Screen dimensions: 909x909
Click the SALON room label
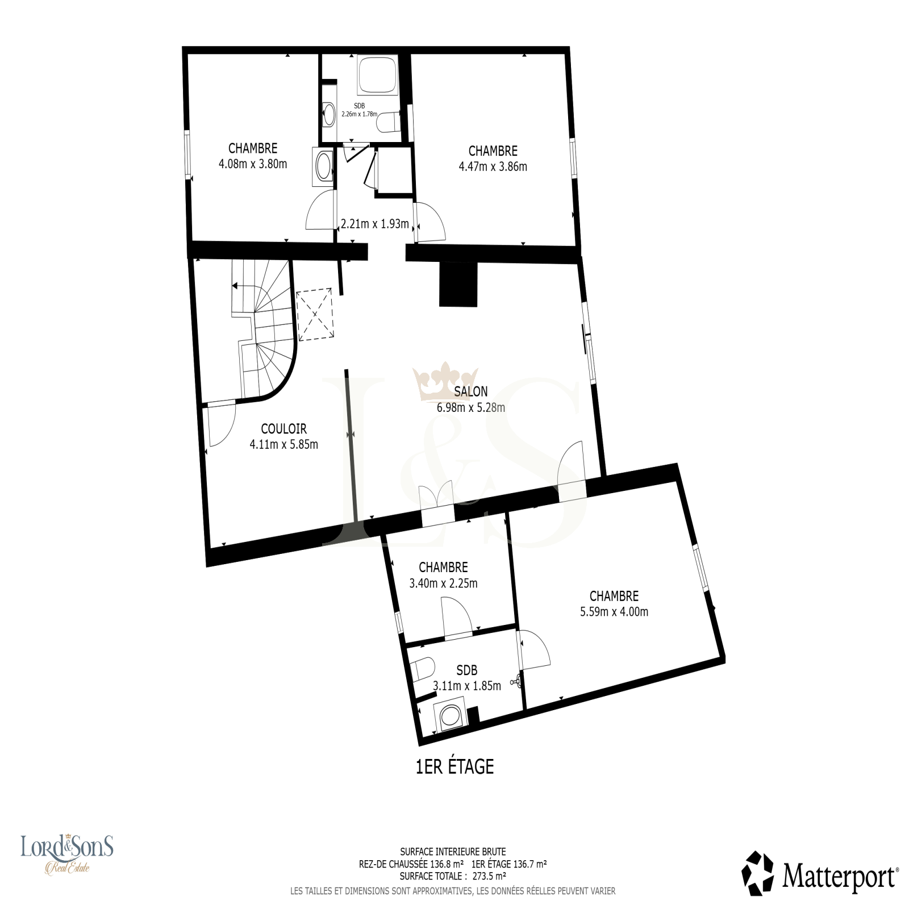click(470, 391)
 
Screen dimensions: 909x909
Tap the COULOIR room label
click(283, 429)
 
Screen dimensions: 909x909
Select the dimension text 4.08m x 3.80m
click(253, 164)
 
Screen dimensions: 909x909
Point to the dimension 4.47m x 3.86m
click(493, 166)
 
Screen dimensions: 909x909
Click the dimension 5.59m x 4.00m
click(614, 612)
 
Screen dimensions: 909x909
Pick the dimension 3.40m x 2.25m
click(443, 583)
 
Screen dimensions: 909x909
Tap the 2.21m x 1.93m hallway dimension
click(374, 224)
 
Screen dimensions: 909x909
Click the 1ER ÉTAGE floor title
click(455, 766)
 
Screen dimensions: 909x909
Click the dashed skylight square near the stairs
click(314, 315)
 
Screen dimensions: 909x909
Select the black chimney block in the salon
click(458, 284)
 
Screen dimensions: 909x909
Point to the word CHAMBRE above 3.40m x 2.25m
click(443, 567)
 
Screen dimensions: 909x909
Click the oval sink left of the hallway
click(324, 166)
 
